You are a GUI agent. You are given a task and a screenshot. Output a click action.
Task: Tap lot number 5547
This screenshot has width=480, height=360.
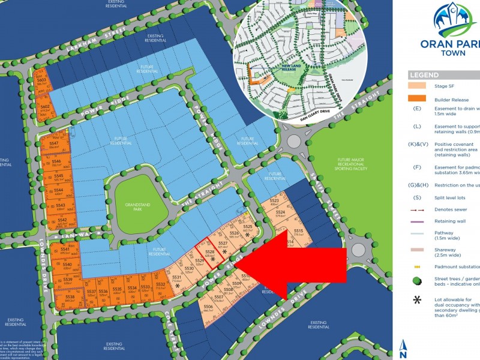coord(54,144)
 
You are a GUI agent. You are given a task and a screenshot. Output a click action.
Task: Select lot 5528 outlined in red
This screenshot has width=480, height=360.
coord(209,253)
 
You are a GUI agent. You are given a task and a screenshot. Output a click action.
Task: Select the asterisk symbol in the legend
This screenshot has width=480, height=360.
coord(416,299)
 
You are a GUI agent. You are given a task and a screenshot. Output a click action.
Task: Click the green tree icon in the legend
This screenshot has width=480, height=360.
coord(416,280)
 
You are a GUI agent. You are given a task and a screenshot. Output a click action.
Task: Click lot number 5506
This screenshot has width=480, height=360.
coord(208,307)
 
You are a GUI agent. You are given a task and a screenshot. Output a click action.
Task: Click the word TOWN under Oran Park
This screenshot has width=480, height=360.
coord(443,53)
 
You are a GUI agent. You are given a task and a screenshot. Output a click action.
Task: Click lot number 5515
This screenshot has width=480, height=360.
coord(298,231)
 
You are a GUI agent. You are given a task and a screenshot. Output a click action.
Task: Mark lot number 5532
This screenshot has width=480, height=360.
coord(160,286)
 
